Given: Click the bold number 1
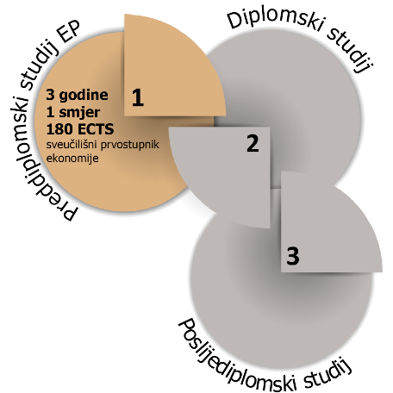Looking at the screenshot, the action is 138,97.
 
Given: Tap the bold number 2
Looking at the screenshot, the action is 253,143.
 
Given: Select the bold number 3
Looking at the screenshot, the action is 293,256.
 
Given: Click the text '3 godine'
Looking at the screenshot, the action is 77,95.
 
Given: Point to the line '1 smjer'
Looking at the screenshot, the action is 73,112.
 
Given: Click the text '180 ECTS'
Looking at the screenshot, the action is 80,129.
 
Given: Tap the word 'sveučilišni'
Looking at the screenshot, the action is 72,145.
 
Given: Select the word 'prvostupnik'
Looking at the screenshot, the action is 130,145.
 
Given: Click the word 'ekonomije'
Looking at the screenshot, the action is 72,159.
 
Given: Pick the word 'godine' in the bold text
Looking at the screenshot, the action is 84,96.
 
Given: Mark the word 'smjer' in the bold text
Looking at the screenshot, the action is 79,113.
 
